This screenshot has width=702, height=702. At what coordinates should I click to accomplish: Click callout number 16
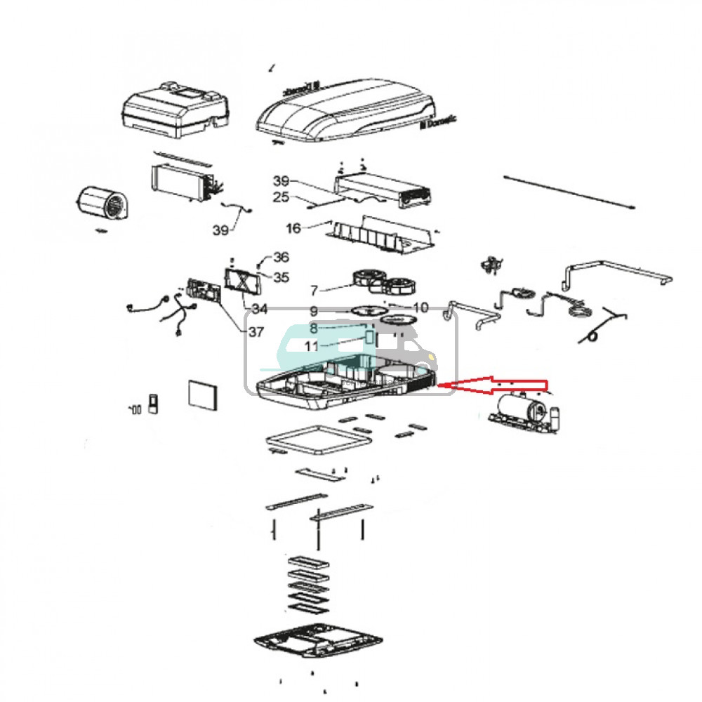[293, 228]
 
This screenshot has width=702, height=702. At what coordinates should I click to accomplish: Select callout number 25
[280, 198]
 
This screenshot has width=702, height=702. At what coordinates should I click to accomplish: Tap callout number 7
[313, 289]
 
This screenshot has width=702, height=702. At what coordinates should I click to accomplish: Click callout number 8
[313, 328]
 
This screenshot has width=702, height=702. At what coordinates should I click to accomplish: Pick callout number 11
[311, 346]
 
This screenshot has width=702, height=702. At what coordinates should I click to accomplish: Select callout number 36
[281, 257]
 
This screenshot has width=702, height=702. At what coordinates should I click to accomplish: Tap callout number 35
[281, 277]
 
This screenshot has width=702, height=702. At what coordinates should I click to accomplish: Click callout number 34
[259, 309]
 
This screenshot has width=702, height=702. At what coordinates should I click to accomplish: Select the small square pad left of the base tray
[202, 395]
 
